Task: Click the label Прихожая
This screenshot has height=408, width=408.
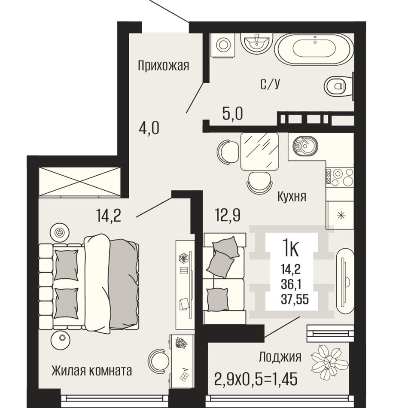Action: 163,66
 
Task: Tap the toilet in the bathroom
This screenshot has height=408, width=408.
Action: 337,86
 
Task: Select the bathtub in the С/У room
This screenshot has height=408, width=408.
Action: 314,49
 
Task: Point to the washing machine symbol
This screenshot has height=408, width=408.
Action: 223,44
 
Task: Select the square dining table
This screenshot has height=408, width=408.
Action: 260,152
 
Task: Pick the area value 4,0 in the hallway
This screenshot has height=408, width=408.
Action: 149,128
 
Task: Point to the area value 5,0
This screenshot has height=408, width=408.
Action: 233,114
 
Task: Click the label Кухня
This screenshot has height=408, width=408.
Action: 292,197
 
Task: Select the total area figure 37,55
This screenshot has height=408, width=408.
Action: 295,299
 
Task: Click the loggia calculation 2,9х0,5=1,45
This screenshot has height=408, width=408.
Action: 256,379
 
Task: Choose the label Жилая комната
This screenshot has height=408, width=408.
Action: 91,371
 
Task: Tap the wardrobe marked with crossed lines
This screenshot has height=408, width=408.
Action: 79,181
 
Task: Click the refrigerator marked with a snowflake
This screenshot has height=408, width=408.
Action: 340,215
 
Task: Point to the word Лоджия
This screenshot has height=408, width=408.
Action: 280,357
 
